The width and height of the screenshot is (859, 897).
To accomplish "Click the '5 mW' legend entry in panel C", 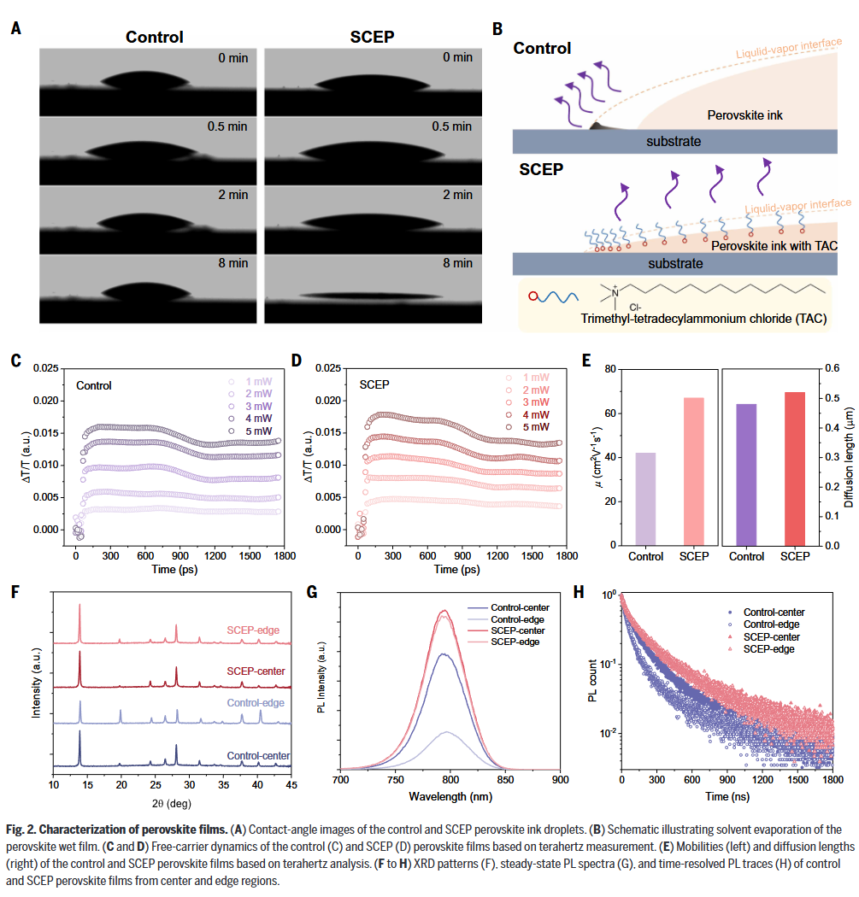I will pos(261,433).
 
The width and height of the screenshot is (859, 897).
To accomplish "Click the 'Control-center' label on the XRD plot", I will pos(258,756).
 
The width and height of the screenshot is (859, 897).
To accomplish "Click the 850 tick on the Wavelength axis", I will pos(504,778).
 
